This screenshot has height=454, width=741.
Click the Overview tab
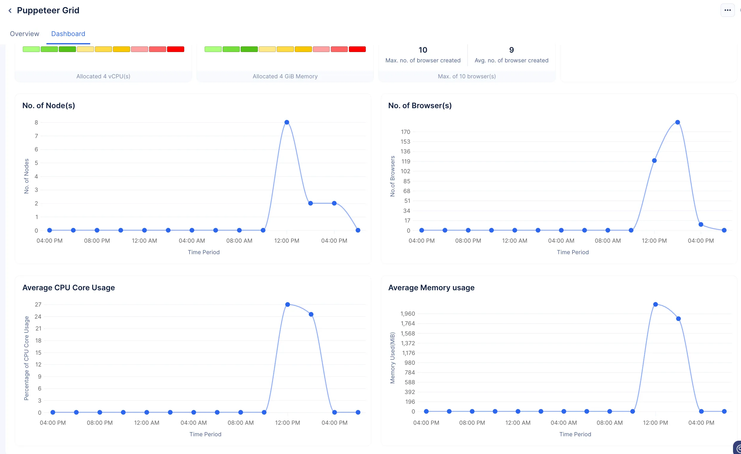[x=24, y=34]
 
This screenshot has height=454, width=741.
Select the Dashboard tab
[x=68, y=34]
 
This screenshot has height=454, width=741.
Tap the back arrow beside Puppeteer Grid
[x=10, y=11]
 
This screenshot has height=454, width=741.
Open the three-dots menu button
[x=727, y=10]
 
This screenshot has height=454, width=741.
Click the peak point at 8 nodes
[x=287, y=122]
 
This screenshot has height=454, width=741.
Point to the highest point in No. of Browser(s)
[x=677, y=122]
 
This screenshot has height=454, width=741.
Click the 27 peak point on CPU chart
[x=287, y=304]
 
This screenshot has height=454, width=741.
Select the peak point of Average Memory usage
[x=656, y=304]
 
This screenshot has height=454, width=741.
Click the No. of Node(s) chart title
[x=49, y=106]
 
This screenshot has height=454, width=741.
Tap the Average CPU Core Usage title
[x=69, y=288]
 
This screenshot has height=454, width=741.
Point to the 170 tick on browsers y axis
[x=405, y=132]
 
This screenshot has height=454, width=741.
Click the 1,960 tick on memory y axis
[x=407, y=314]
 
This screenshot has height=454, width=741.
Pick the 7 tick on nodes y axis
[x=36, y=136]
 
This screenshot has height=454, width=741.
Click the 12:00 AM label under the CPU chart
[x=146, y=423]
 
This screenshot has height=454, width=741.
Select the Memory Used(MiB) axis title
[x=392, y=358]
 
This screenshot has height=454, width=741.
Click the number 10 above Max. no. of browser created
[x=423, y=50]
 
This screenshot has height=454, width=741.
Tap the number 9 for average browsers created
[x=512, y=50]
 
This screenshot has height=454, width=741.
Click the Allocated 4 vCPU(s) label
[x=103, y=76]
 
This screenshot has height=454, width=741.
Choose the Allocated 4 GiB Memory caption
[x=285, y=76]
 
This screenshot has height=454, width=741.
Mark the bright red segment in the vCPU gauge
[x=176, y=49]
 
